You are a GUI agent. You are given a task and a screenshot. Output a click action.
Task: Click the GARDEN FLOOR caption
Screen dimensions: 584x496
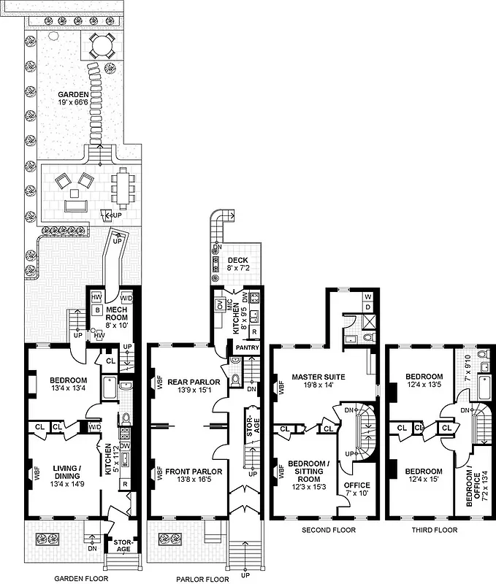click(81, 578)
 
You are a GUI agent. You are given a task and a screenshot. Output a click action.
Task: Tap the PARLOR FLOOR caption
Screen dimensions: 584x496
click(202, 578)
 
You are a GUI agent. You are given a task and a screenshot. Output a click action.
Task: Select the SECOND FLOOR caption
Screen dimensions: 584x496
click(328, 530)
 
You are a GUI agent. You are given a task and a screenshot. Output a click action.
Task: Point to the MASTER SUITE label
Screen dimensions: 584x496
click(319, 380)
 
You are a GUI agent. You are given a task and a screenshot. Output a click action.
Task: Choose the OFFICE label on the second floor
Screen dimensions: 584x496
click(356, 489)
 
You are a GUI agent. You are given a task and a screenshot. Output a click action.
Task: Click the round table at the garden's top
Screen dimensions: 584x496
click(100, 47)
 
